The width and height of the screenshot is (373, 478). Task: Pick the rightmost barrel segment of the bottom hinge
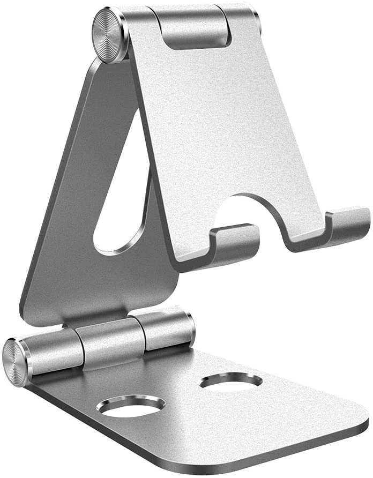pyautogui.click(x=163, y=328)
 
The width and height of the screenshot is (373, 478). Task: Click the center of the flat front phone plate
pyautogui.click(x=236, y=129)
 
